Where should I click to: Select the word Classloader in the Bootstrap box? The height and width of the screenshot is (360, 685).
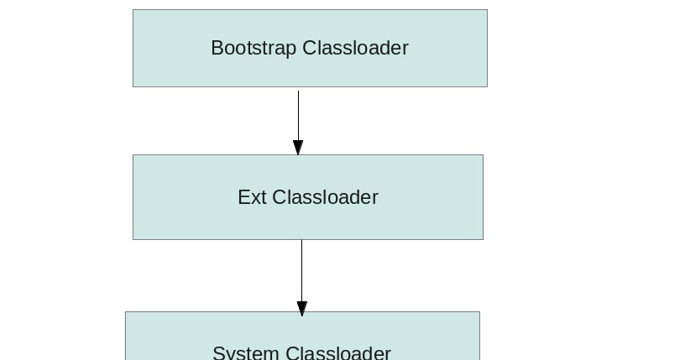[x=355, y=49]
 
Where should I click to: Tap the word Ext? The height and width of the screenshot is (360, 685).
[x=253, y=197]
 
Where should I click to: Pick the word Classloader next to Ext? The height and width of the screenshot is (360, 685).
[x=326, y=197]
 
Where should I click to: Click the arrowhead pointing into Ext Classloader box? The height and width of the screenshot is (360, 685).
[x=298, y=148]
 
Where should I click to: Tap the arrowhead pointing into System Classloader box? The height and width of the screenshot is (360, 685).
[x=302, y=308]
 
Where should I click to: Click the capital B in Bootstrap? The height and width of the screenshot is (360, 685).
[x=217, y=49]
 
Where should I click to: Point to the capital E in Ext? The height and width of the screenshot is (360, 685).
[x=243, y=197]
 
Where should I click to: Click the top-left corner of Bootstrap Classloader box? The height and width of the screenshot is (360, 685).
[x=133, y=10]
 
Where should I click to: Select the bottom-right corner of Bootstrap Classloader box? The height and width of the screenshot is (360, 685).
[x=487, y=86]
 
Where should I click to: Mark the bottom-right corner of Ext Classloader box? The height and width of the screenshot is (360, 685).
[x=483, y=239]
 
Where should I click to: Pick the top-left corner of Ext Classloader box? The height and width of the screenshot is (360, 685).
[x=133, y=155]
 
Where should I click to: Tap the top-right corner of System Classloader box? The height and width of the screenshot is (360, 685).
[x=479, y=312]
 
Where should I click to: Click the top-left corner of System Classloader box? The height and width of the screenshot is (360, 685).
[x=126, y=312]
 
